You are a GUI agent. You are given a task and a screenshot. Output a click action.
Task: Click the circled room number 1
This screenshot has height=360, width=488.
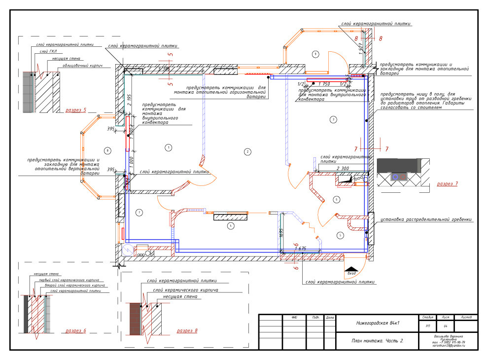168,147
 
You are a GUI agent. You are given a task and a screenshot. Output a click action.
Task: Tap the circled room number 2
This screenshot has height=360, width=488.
248,152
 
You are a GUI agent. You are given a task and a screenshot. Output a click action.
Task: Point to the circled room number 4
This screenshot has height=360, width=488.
230,226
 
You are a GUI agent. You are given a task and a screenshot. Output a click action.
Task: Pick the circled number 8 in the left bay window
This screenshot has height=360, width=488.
107,150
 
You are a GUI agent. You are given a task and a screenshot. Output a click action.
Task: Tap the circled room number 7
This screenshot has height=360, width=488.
139,213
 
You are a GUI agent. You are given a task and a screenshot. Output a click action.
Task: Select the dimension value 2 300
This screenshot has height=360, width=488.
344,169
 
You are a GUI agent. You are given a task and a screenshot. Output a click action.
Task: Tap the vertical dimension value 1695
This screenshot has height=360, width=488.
281,234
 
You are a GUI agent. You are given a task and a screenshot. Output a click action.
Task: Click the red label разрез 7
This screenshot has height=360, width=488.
447,184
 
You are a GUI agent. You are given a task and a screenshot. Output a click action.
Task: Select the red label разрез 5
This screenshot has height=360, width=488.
76,110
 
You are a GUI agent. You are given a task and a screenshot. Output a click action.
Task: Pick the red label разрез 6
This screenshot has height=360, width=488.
75,330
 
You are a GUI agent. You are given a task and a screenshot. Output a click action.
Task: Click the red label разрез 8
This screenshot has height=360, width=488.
187,330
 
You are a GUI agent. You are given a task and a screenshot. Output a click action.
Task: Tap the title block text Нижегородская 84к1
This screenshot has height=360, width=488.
378,323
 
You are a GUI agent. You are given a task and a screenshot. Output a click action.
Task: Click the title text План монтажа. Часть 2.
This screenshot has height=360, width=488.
378,341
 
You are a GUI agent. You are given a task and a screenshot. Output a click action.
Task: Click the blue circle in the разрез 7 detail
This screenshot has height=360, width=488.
395,176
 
